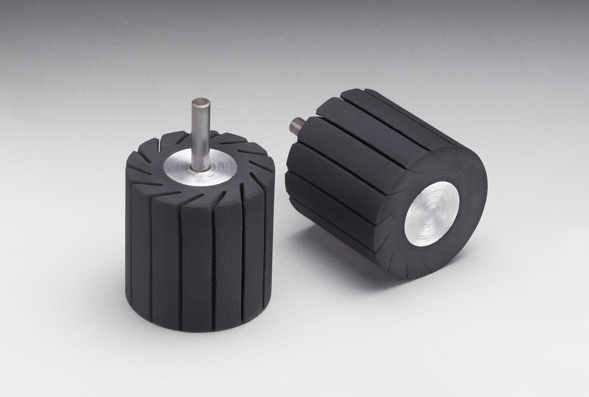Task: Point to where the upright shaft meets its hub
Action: pos(201,168)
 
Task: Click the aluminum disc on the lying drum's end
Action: pos(431,214)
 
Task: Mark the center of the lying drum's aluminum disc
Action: pos(431,214)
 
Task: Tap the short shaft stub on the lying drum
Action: pos(296,125)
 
